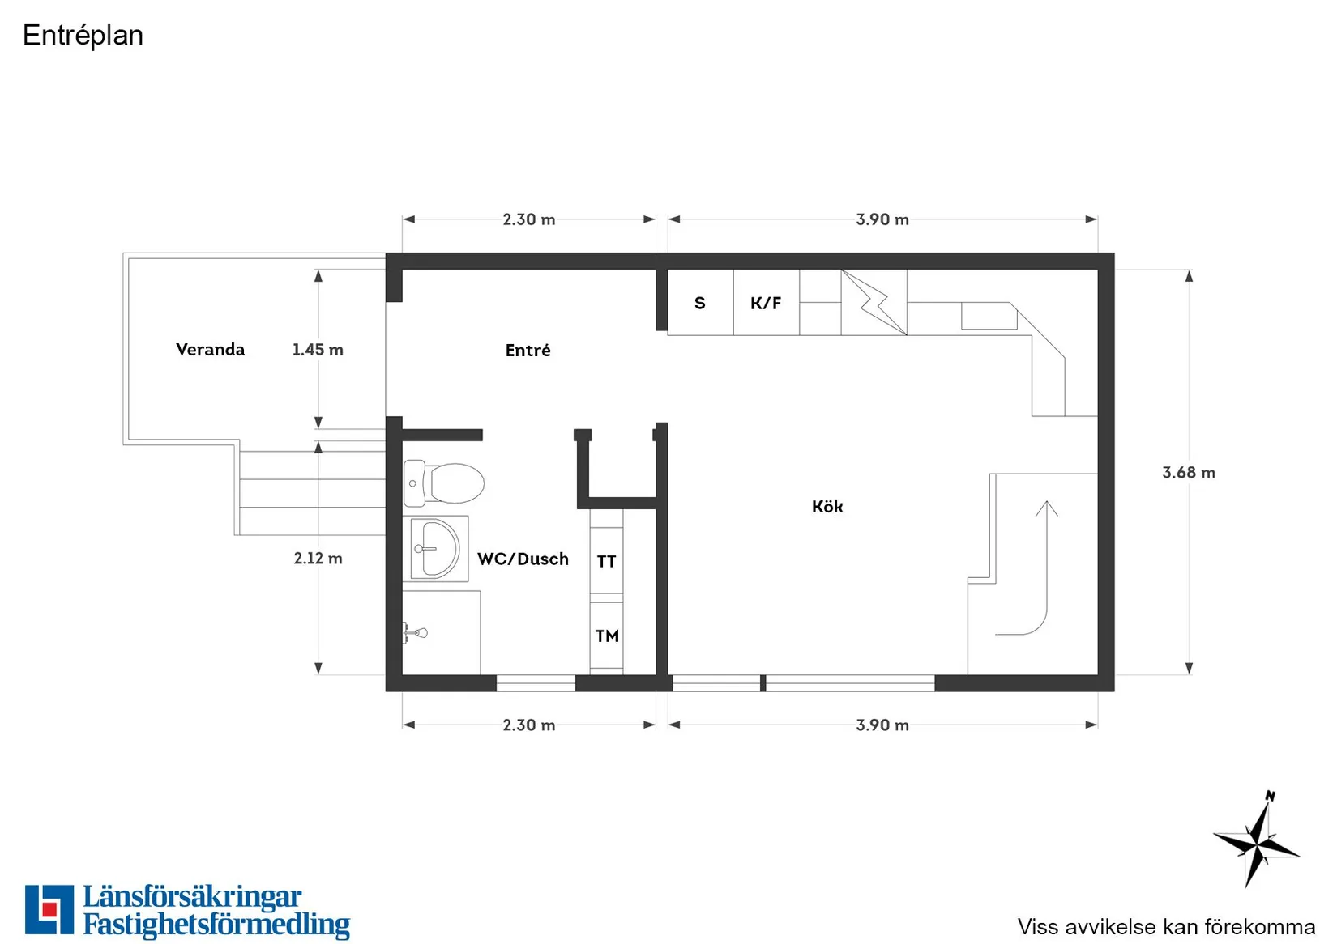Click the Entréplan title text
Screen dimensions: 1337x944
click(83, 36)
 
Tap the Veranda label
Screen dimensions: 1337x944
click(210, 350)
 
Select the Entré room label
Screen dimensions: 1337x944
click(528, 350)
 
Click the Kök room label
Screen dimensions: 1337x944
click(827, 506)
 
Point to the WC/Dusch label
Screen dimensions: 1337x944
click(523, 559)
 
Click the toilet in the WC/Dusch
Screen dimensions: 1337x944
click(444, 483)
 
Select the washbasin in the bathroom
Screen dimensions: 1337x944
click(436, 549)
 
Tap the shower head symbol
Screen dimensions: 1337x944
click(416, 633)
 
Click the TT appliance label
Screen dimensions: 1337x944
click(606, 561)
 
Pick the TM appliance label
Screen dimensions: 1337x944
click(607, 636)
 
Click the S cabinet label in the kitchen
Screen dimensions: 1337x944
click(700, 303)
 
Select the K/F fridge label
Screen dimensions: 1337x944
click(766, 303)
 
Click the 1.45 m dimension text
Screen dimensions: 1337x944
click(318, 350)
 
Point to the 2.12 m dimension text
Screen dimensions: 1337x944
click(318, 558)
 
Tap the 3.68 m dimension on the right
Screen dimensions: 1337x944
click(1189, 472)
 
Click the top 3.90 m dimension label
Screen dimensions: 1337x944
click(882, 219)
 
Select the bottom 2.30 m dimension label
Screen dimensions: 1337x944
click(529, 725)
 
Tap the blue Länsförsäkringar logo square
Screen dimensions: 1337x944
click(49, 909)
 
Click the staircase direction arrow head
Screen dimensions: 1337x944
click(1046, 508)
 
